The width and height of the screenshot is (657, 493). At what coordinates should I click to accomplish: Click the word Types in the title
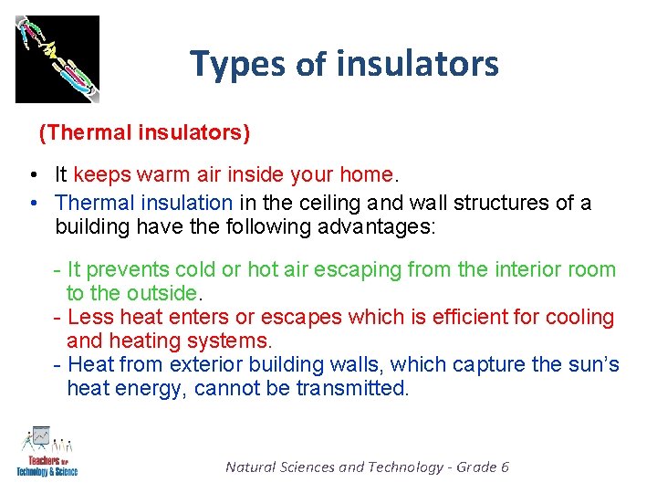click(239, 64)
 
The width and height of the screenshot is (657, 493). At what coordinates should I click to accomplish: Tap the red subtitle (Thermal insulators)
click(144, 132)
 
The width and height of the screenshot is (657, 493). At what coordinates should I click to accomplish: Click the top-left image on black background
click(57, 58)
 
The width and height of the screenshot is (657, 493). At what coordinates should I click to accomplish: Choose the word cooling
click(580, 318)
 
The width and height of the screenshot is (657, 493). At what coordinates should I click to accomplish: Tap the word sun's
click(594, 365)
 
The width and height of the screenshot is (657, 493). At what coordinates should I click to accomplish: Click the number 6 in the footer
click(505, 467)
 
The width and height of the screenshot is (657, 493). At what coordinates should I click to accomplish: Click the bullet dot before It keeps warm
click(33, 175)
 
